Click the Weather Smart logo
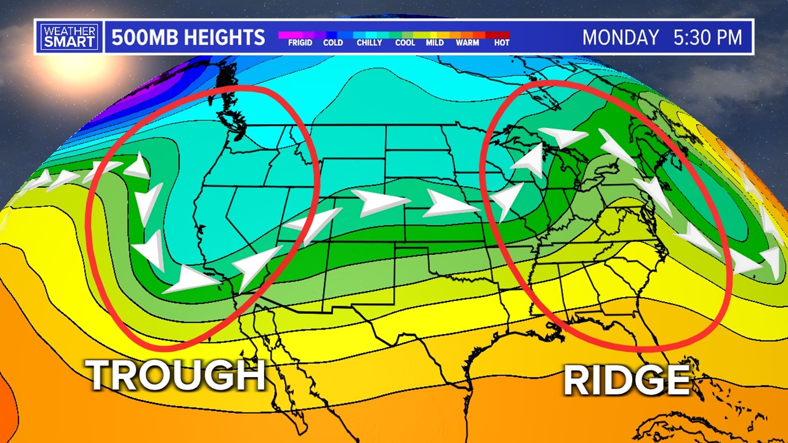pos(69,37)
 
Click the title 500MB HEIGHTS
pos(188,37)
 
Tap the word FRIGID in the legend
pos(300,43)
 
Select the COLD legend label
pos(333,43)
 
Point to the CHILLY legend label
pos(369,43)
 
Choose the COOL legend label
pos(405,43)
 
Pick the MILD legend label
pos(435,43)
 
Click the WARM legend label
pos(467,43)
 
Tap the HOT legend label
pos(502,43)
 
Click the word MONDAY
pos(621,37)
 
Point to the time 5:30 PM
pos(708,37)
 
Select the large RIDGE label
pos(627,380)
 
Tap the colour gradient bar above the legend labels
pos(394,35)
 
